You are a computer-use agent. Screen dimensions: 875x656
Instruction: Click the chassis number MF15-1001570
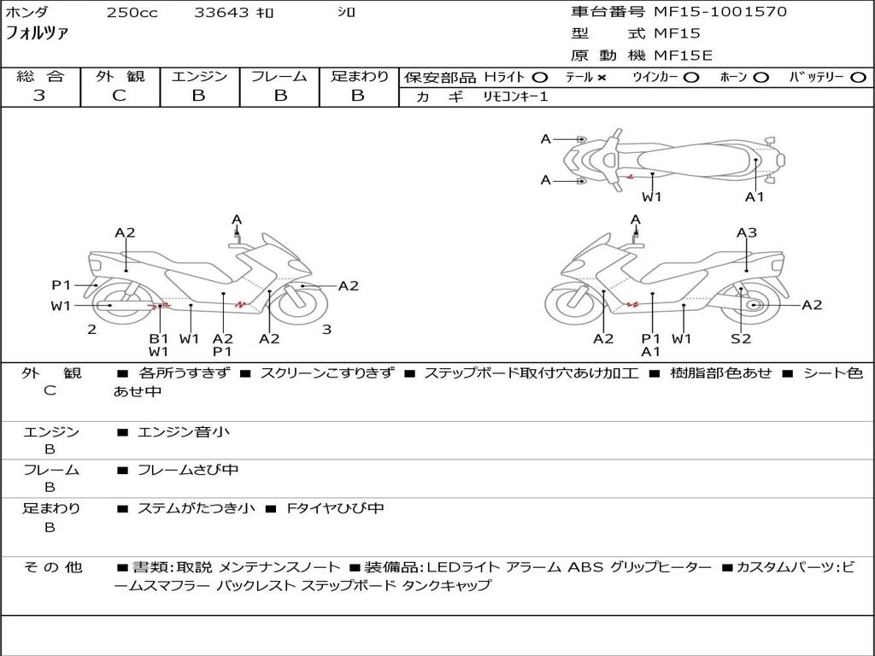pyautogui.click(x=720, y=12)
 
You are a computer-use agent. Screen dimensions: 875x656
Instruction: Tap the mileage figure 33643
pyautogui.click(x=221, y=12)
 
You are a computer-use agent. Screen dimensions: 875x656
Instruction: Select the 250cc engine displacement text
pyautogui.click(x=132, y=12)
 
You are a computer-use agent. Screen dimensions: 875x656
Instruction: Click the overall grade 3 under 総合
pyautogui.click(x=39, y=95)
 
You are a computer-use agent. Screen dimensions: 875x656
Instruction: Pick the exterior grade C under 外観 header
pyautogui.click(x=120, y=95)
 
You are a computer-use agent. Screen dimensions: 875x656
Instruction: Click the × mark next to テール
pyautogui.click(x=601, y=78)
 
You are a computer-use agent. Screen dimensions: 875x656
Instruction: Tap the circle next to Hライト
pyautogui.click(x=540, y=78)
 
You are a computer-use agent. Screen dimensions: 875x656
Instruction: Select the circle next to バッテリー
pyautogui.click(x=859, y=78)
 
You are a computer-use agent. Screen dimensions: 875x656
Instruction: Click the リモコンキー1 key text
pyautogui.click(x=515, y=97)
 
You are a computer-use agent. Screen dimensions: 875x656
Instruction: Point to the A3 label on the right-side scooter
pyautogui.click(x=747, y=232)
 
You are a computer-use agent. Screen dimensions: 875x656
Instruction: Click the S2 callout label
pyautogui.click(x=741, y=338)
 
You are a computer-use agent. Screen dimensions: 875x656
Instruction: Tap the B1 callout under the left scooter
pyautogui.click(x=158, y=338)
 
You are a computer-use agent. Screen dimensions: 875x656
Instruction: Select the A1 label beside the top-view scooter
pyautogui.click(x=755, y=197)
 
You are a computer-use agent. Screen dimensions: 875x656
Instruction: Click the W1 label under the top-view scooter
pyautogui.click(x=651, y=197)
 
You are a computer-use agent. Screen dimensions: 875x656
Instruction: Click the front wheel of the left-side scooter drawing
pyautogui.click(x=302, y=305)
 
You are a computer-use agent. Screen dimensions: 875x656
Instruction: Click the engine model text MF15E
pyautogui.click(x=683, y=56)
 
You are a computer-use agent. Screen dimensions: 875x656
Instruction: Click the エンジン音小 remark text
pyautogui.click(x=183, y=431)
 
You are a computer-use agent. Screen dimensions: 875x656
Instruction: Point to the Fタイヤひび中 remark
pyautogui.click(x=335, y=508)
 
